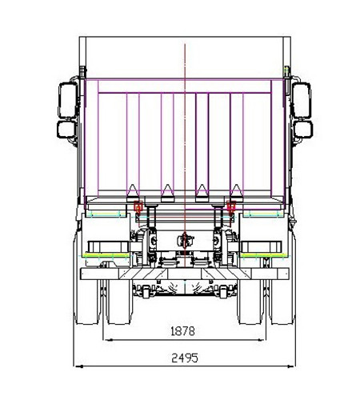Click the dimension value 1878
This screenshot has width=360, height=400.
(182, 331)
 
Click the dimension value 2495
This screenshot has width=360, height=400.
(185, 358)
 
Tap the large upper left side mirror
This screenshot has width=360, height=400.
(68, 100)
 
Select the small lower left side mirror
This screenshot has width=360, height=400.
(66, 130)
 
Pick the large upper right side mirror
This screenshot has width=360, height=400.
(302, 100)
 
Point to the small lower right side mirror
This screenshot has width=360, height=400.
(303, 130)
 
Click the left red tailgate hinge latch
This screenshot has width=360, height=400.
(138, 206)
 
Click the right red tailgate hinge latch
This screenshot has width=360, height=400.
(231, 206)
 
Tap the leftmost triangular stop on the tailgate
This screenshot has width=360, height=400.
(133, 193)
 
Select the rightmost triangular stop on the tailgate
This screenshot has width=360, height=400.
(237, 193)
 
